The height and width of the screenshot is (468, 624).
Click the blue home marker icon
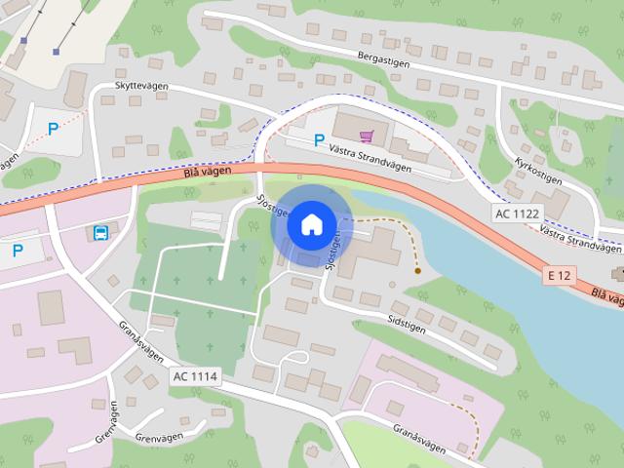coord(311,224)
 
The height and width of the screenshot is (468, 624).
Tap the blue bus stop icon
coord(100,233)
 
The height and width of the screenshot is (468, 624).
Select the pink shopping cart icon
coord(366,137)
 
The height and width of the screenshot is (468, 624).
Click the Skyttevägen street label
coord(141,87)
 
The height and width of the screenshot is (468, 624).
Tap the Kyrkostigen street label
coord(538,164)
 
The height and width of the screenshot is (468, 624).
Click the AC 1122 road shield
coord(516,214)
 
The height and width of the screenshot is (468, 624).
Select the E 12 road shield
coord(559,276)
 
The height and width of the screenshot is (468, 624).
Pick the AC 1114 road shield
coord(195,376)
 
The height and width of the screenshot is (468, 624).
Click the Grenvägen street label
coord(106,423)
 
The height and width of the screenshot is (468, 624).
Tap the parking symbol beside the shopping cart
coord(319,140)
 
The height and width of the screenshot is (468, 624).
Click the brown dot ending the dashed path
coord(417,270)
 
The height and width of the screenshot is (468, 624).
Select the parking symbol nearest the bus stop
coord(18,251)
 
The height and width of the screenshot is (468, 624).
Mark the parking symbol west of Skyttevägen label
coord(54,127)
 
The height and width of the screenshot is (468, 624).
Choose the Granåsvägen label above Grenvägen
coord(141,340)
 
